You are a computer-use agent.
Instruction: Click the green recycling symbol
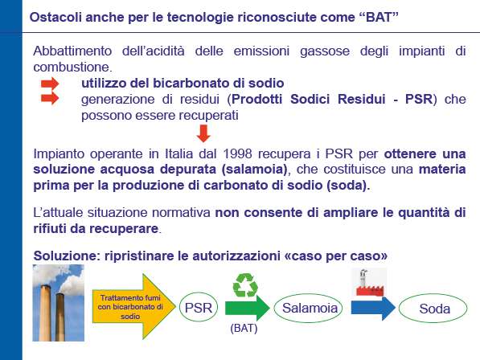(245, 285)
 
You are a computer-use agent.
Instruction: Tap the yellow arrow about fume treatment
(133, 306)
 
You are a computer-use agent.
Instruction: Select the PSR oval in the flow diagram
(199, 308)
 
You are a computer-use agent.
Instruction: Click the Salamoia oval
(308, 308)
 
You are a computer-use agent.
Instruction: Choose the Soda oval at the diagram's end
(433, 309)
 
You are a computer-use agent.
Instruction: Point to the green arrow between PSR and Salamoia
(248, 308)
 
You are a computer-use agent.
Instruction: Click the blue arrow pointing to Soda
(373, 308)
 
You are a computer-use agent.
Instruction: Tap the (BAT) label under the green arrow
(244, 328)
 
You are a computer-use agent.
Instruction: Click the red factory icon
(370, 283)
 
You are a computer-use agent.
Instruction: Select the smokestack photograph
(58, 303)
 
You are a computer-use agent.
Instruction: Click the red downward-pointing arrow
(203, 133)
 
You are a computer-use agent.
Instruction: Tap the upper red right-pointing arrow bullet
(50, 84)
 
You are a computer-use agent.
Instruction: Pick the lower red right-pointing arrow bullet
(50, 99)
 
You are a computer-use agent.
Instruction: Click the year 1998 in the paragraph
(237, 153)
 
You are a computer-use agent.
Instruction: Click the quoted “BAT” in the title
(379, 17)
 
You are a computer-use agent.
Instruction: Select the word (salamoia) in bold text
(254, 170)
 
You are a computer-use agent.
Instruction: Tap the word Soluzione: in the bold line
(67, 256)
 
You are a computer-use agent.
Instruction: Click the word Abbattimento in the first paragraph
(72, 51)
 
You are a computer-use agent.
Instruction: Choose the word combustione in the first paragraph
(73, 67)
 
